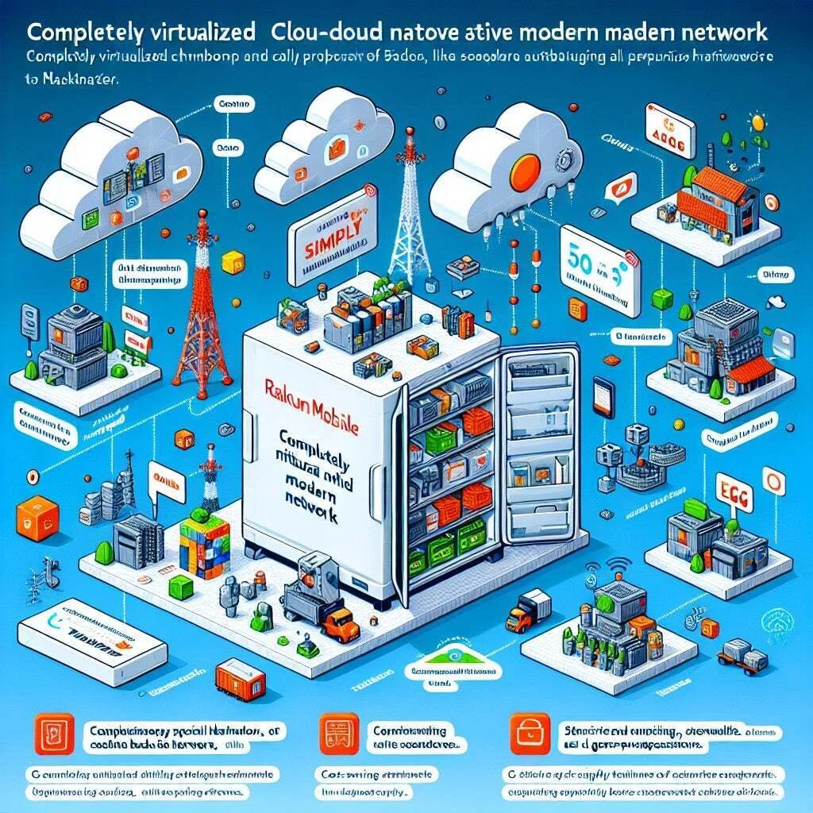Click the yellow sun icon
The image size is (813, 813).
[x=758, y=123]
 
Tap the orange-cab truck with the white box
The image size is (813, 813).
[x=526, y=611]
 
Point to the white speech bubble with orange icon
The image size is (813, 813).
[x=613, y=189]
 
